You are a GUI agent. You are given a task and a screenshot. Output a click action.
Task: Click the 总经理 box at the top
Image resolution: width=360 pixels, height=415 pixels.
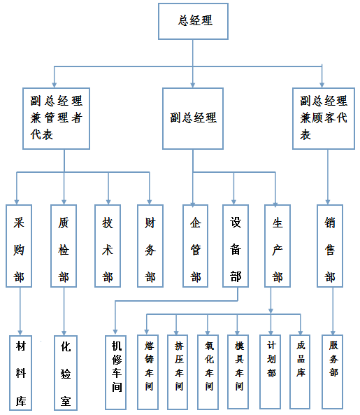193,22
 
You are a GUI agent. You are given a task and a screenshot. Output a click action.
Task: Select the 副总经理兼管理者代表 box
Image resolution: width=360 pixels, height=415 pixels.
57,118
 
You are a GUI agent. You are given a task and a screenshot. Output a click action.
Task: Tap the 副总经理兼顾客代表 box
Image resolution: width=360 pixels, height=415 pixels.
324,118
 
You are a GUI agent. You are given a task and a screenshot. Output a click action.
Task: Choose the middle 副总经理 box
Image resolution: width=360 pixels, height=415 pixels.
193,118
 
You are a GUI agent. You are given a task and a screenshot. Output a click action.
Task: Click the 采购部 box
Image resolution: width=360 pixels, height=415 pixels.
19,246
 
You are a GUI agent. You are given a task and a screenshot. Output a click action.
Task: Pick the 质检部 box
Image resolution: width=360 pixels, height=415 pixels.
64,246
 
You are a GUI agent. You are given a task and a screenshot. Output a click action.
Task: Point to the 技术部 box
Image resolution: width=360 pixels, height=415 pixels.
108,246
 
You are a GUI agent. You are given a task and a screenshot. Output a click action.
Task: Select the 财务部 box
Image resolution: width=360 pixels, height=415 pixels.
150,246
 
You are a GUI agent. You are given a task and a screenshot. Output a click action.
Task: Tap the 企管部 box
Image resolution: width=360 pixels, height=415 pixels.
195,246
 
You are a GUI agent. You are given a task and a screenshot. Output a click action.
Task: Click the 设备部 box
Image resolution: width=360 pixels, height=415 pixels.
236,246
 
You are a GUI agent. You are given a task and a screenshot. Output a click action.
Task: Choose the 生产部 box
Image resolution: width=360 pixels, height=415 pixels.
278,246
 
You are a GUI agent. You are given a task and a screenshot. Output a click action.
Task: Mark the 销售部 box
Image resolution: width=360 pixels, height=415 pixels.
330,246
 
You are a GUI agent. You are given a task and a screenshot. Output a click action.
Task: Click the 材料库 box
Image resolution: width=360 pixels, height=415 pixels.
20,373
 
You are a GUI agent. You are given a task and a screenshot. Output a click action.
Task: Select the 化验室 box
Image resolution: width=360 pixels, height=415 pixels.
66,373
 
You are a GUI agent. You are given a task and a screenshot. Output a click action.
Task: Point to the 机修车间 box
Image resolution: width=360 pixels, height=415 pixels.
115,372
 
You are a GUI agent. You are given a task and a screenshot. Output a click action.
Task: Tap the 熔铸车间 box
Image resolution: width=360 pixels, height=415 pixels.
147,372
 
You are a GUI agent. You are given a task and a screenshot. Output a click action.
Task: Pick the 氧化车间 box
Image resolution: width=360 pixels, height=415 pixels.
208,372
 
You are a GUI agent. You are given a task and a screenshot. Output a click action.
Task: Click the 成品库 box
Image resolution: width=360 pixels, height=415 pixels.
300,372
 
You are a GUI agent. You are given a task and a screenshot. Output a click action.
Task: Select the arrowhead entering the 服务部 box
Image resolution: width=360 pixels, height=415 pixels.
333,332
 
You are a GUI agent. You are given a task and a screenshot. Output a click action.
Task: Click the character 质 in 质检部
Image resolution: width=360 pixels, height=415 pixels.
64,223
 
